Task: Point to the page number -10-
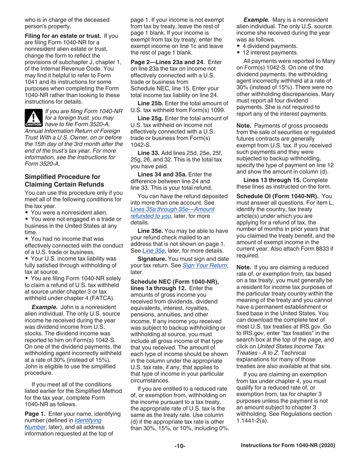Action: (180, 446)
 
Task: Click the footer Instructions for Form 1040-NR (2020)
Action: (288, 446)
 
